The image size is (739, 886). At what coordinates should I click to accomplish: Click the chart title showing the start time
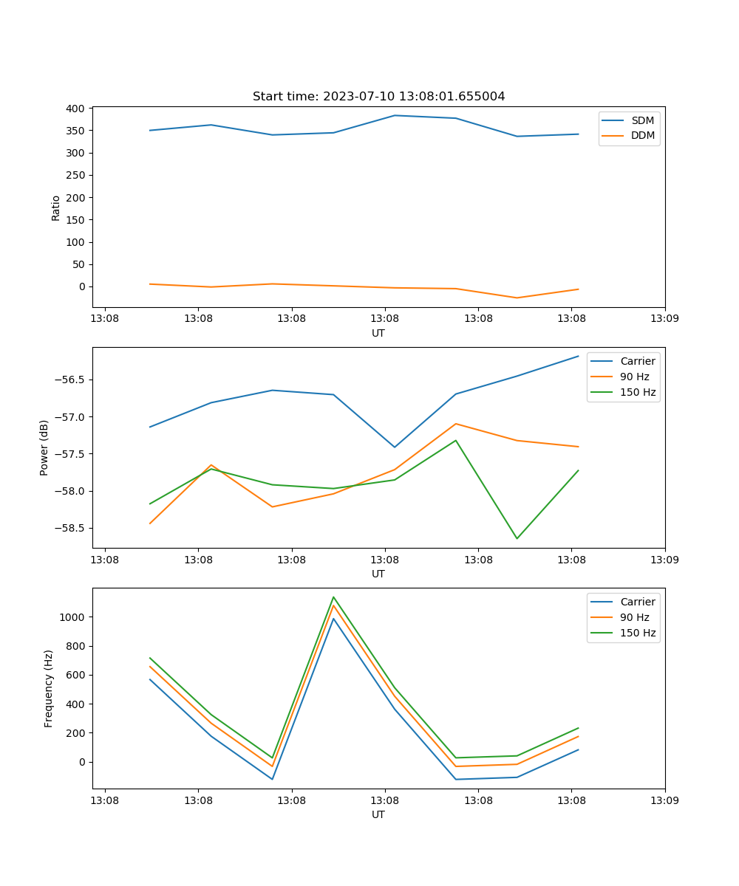[x=378, y=97]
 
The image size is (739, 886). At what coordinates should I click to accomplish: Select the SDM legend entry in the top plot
[x=642, y=120]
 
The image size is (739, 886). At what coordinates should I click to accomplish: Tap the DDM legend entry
[x=642, y=136]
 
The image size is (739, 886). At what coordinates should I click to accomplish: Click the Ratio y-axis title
[x=56, y=207]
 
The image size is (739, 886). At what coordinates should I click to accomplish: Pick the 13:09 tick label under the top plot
[x=664, y=320]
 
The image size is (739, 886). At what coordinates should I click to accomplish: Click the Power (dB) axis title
[x=44, y=447]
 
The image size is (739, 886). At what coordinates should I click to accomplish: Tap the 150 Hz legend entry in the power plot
[x=638, y=392]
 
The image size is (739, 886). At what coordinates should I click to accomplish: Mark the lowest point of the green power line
[x=517, y=538]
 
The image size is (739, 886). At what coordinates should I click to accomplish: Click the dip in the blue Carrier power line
[x=395, y=447]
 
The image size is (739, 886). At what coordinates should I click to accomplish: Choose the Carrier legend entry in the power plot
[x=637, y=361]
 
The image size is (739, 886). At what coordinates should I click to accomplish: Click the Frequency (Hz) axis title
[x=49, y=688]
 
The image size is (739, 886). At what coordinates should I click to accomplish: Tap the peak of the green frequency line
[x=333, y=597]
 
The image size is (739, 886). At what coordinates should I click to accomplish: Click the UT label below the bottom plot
[x=378, y=814]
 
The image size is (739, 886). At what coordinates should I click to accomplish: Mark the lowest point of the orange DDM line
[x=517, y=298]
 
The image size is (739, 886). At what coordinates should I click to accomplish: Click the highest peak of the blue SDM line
[x=395, y=115]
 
